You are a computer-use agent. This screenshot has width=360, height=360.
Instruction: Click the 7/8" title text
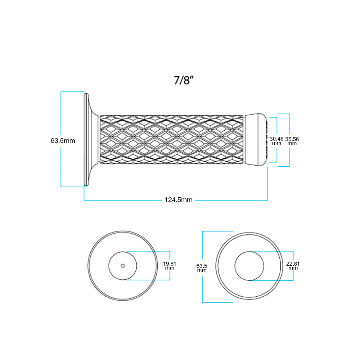[x=184, y=80]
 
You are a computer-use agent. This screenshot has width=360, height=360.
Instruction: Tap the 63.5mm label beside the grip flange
[x=63, y=141]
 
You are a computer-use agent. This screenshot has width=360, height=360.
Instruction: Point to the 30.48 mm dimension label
[x=276, y=140]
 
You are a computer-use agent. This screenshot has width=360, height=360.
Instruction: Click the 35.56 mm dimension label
[x=292, y=140]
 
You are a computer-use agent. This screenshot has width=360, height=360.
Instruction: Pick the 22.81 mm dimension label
[x=293, y=266]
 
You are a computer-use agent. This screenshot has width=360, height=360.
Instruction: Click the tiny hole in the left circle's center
[x=123, y=266]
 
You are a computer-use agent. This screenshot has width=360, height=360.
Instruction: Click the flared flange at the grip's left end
[x=90, y=140]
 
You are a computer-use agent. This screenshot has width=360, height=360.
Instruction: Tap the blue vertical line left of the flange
[x=61, y=162]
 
